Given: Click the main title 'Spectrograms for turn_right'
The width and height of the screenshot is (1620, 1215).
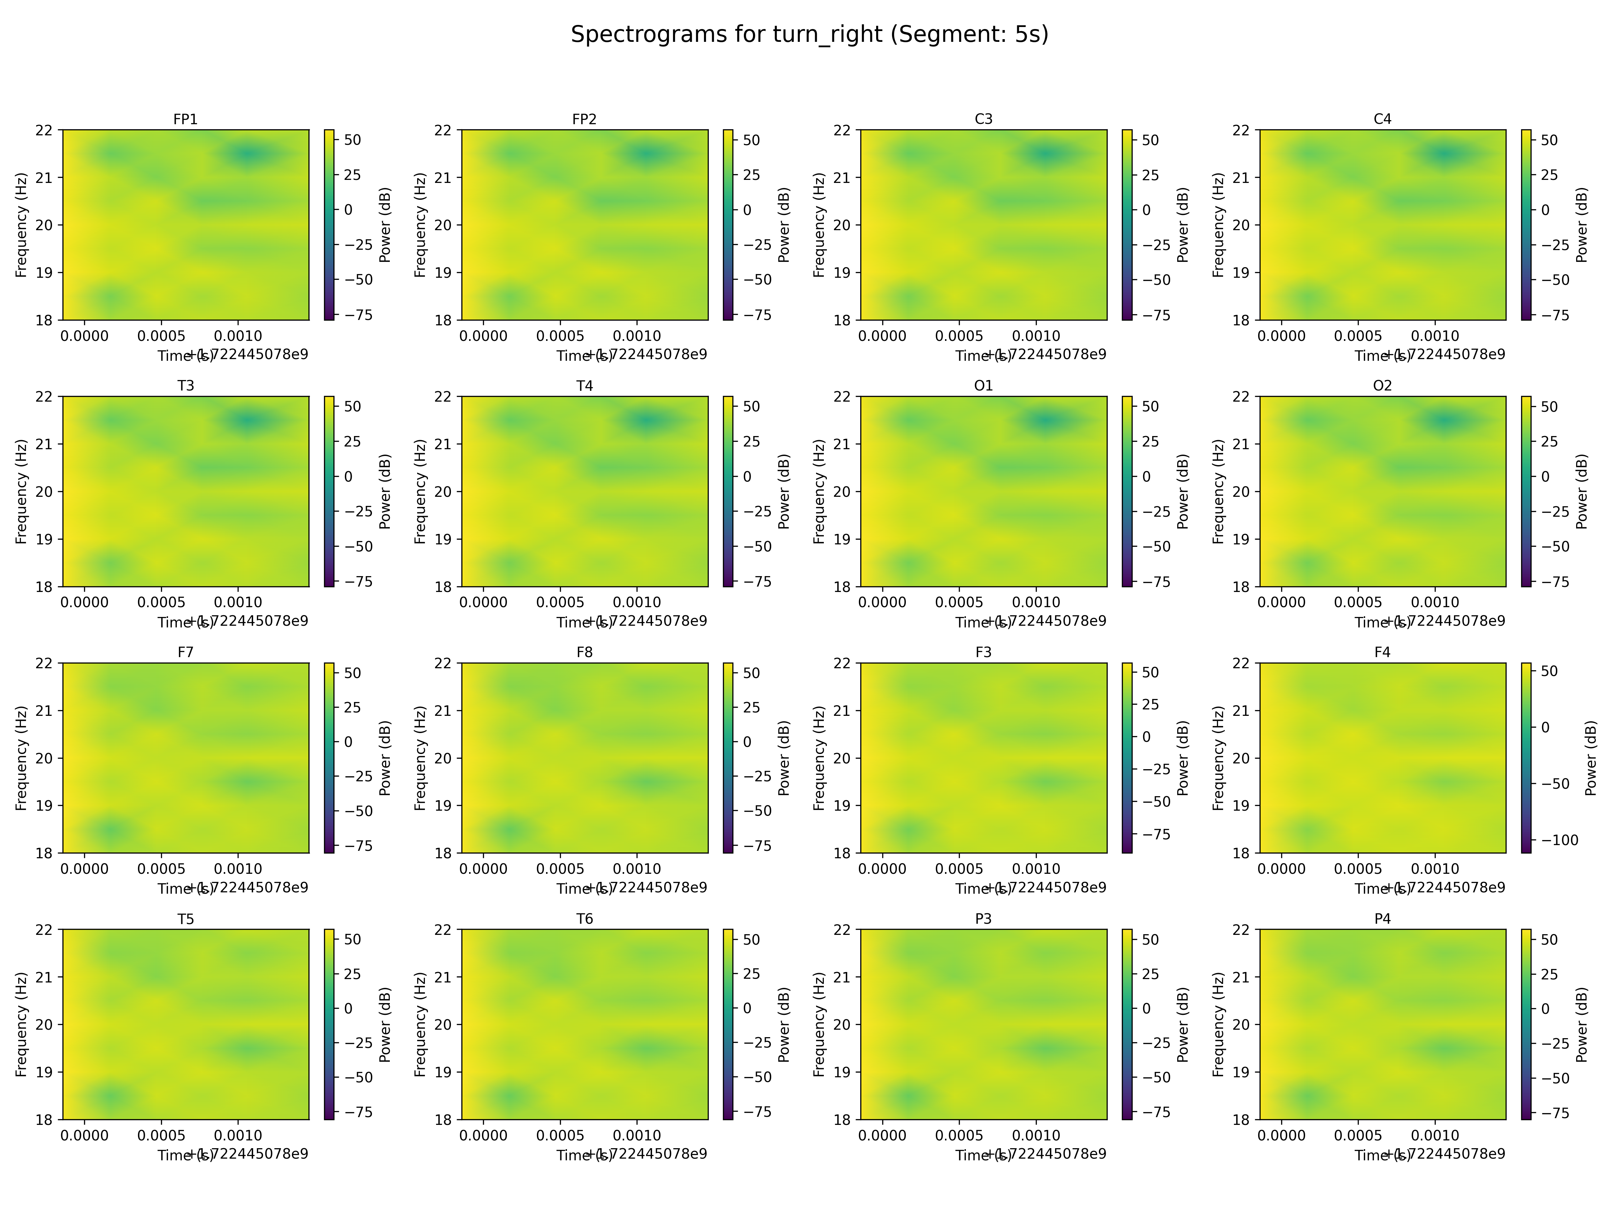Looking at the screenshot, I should pos(809,34).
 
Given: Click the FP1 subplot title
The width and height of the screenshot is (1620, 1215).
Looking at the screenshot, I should pos(185,119).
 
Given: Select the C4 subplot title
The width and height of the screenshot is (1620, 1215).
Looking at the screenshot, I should pos(1382,119).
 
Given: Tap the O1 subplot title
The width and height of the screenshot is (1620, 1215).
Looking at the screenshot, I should pos(983,385).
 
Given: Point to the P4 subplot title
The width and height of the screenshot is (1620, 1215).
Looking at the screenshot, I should pos(1382,918).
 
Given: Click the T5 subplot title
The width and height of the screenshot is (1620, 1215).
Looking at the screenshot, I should pos(185,918).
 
